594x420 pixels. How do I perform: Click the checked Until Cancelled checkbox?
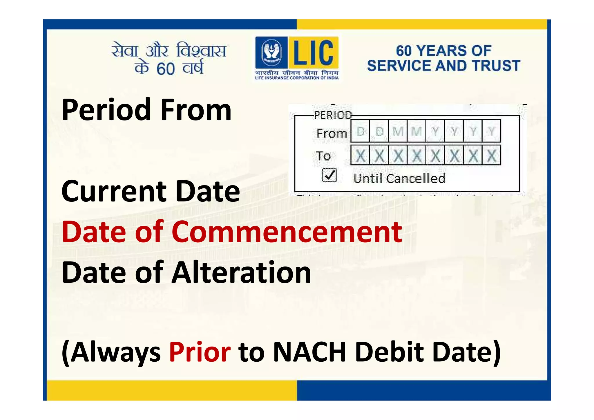pos(329,175)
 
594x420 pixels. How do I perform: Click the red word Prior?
pos(200,352)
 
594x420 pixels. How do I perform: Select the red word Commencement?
pos(287,232)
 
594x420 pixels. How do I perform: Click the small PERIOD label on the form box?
pos(333,115)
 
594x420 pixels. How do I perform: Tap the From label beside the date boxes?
pos(332,133)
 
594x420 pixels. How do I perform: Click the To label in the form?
pos(323,156)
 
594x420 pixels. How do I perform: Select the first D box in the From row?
pos(361,131)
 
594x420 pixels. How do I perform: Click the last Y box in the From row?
pos(491,131)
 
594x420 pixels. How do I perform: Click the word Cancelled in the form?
pos(416,179)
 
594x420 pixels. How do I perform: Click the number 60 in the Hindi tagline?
pos(166,69)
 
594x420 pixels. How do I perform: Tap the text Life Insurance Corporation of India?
pos(297,78)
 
